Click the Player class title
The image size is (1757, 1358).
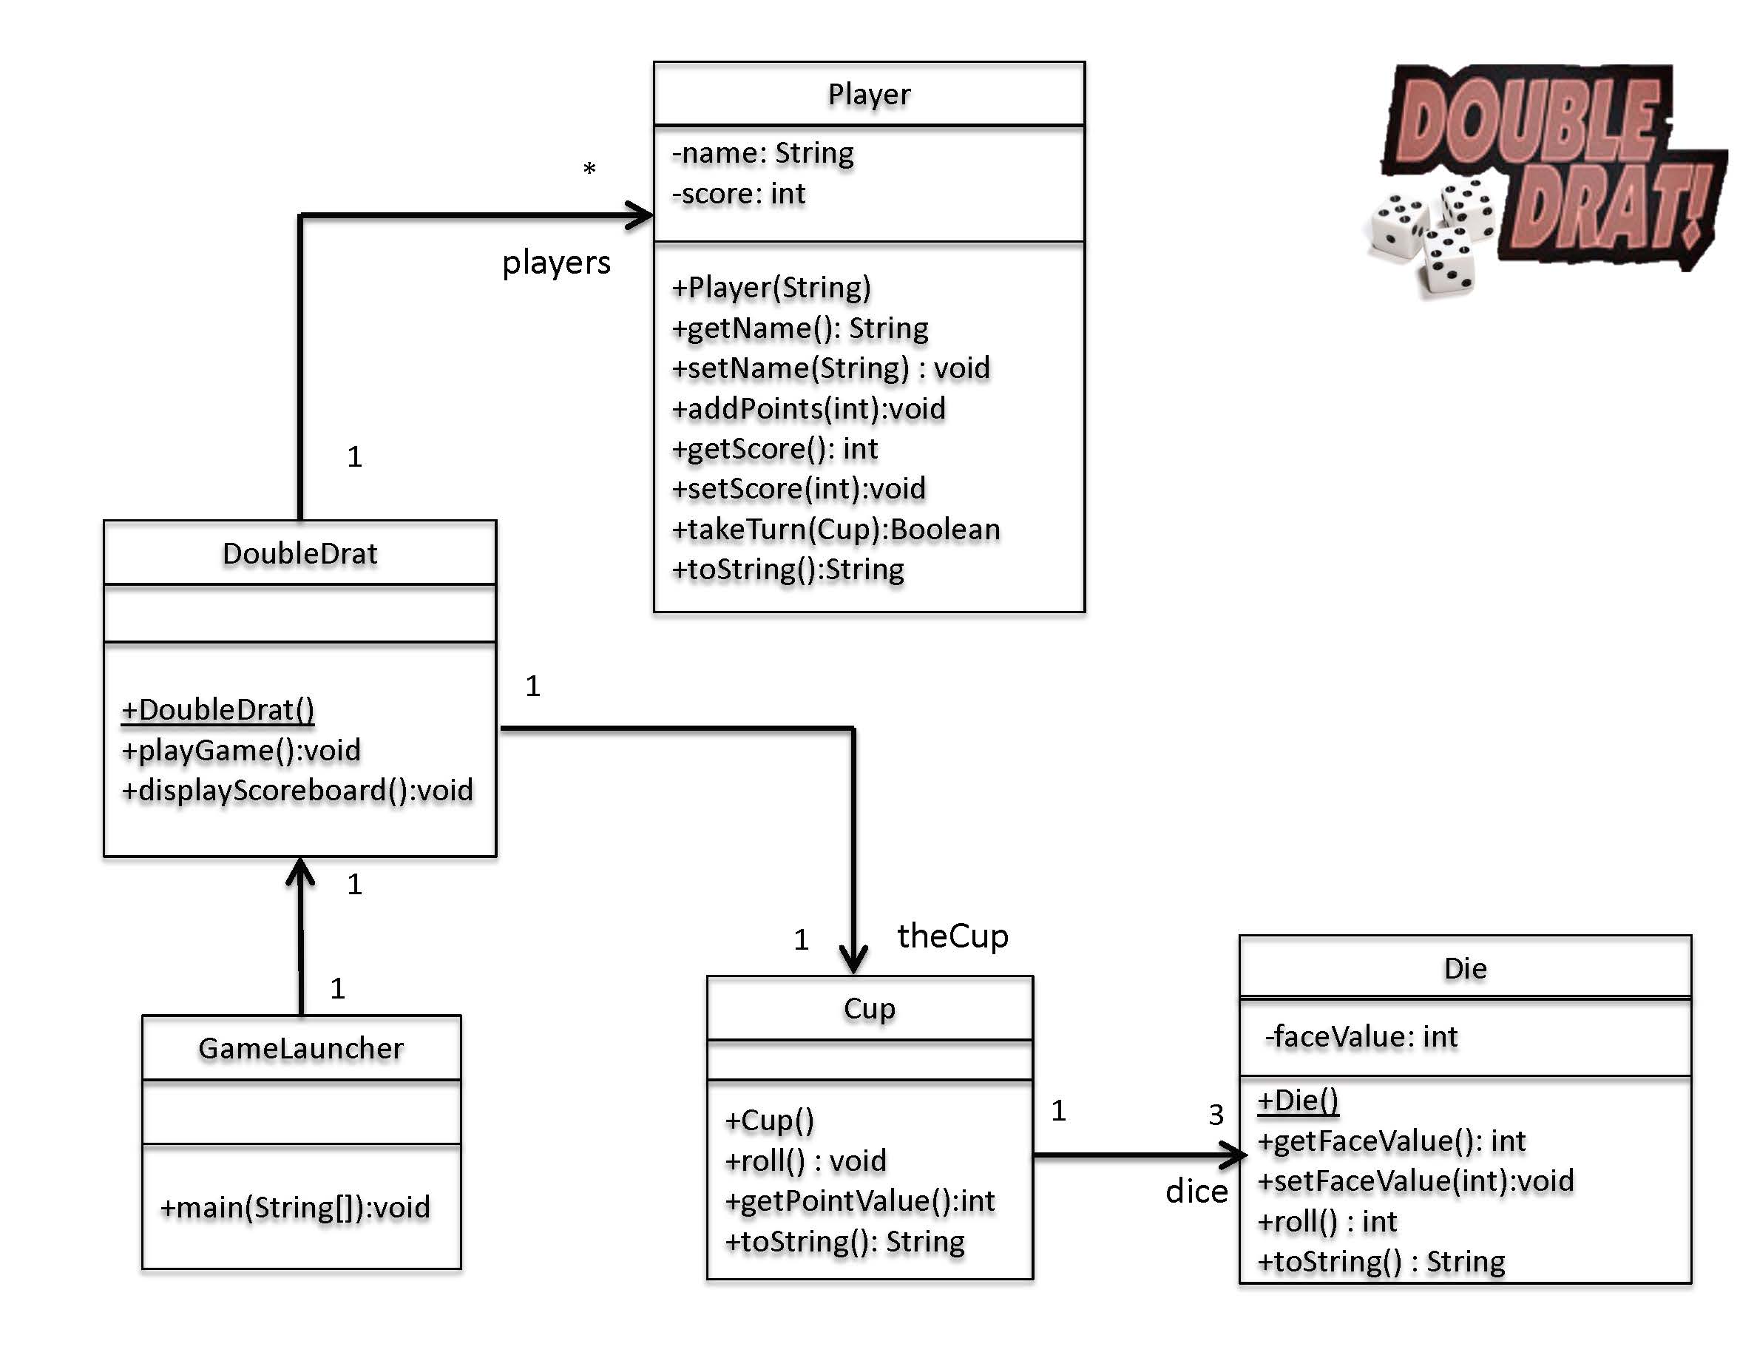point(869,94)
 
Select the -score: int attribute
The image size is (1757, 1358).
point(739,194)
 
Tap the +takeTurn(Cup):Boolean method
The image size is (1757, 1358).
point(836,530)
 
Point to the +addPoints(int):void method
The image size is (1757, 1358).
point(808,409)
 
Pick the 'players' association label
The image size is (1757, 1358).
point(556,263)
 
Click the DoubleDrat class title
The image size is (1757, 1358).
point(299,553)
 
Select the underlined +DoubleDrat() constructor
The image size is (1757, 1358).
point(217,709)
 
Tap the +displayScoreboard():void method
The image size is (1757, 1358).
point(297,790)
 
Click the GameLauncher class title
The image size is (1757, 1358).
point(301,1048)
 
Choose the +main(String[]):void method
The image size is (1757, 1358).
point(295,1208)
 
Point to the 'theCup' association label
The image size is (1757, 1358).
point(952,936)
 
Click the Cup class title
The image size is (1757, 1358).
point(869,1008)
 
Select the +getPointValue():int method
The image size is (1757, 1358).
point(860,1201)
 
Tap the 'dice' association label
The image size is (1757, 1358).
point(1196,1192)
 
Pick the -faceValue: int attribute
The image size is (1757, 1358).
point(1361,1037)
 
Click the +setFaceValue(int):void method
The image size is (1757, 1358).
point(1415,1181)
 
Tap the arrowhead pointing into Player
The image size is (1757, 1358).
point(641,215)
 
